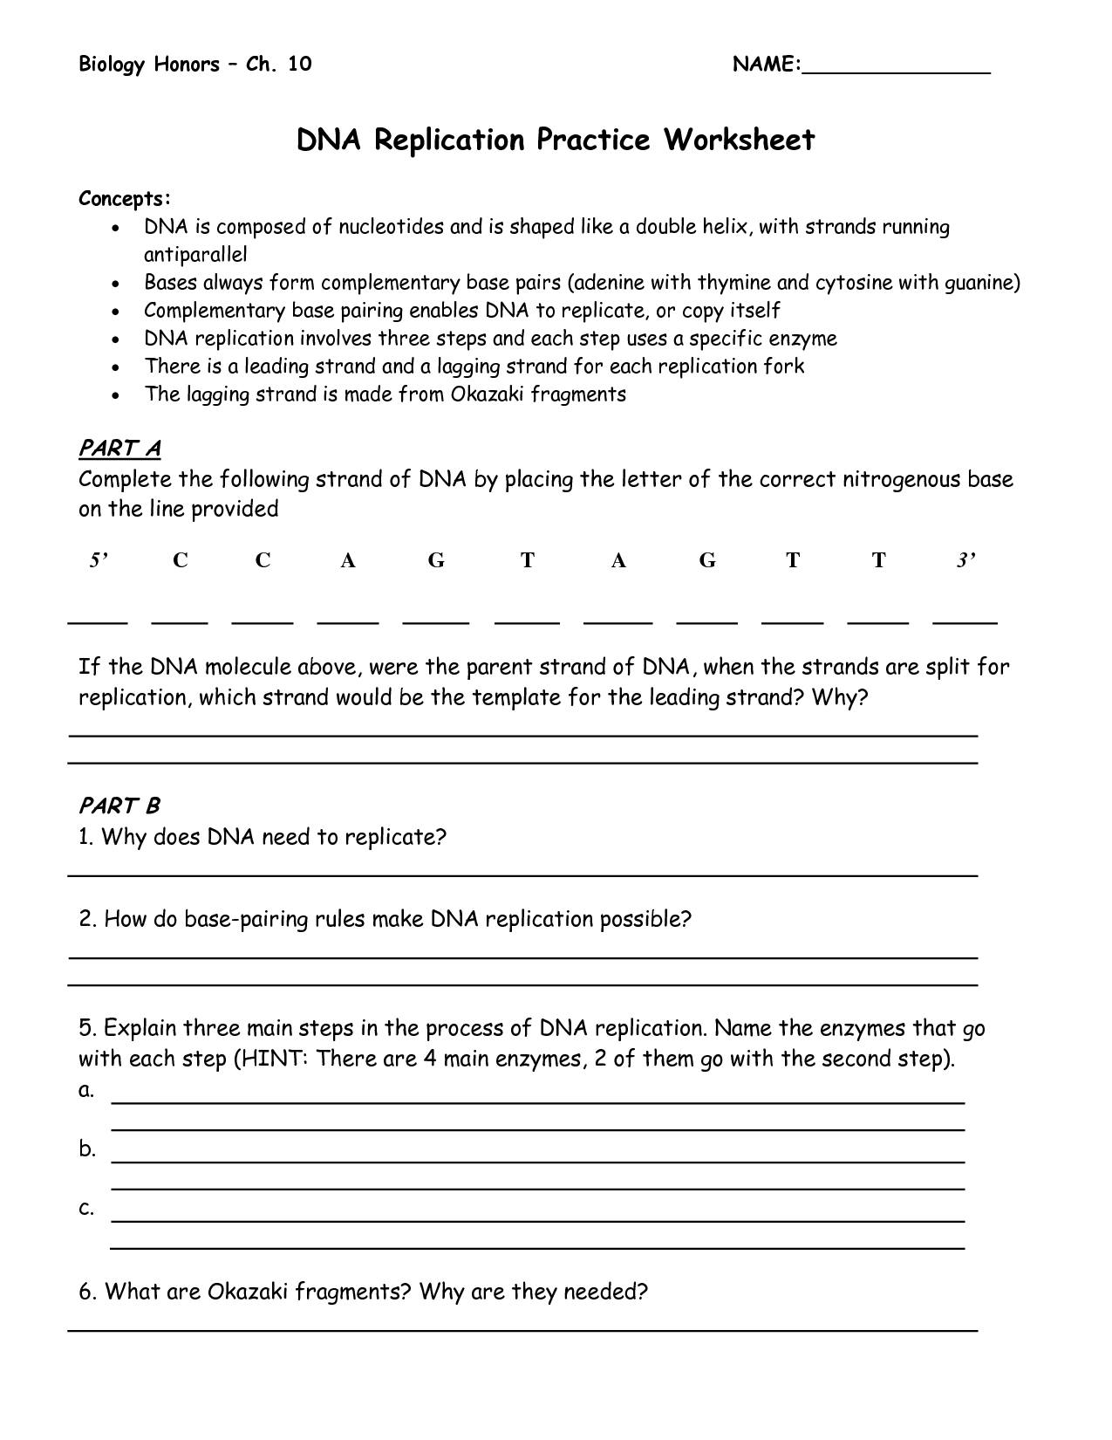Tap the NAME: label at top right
tap(767, 65)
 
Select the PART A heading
tap(119, 449)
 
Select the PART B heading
tap(119, 805)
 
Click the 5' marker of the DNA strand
tap(99, 560)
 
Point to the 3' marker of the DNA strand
tap(965, 560)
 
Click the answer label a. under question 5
tap(85, 1090)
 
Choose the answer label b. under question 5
tap(86, 1149)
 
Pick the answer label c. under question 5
tap(85, 1208)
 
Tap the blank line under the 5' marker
tap(98, 622)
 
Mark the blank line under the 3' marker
tap(965, 622)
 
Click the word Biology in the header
tap(111, 65)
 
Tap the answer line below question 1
tap(523, 874)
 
